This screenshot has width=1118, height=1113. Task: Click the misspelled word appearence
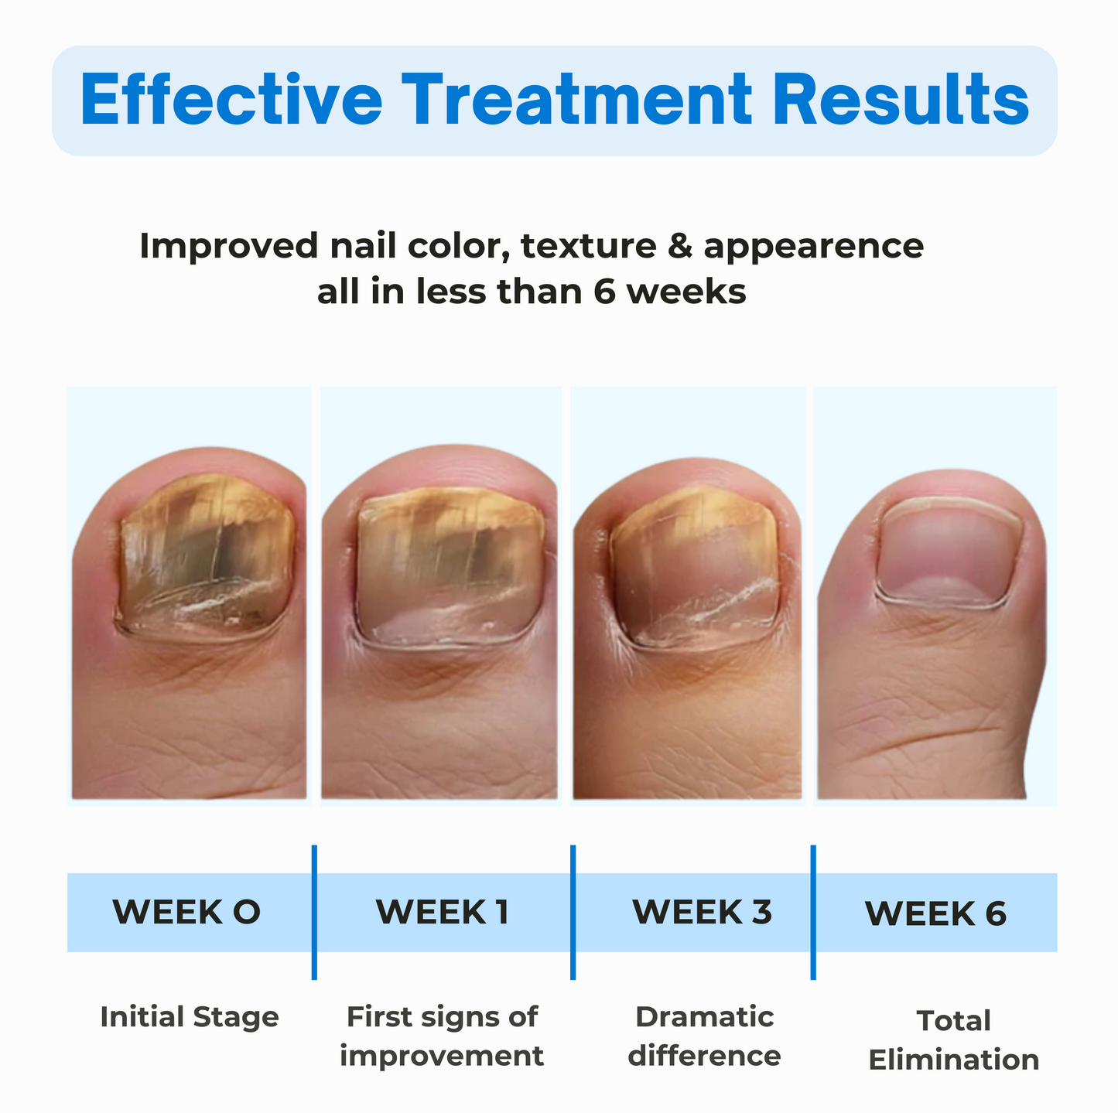(813, 246)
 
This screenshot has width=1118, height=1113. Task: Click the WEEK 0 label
(186, 912)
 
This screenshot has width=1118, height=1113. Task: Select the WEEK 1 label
(443, 912)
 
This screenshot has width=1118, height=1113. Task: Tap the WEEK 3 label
(702, 912)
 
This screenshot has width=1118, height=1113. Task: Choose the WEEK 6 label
(935, 913)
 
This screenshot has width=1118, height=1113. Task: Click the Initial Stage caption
(190, 1016)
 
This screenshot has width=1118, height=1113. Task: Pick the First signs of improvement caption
(442, 1036)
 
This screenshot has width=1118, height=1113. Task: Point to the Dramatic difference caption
(704, 1036)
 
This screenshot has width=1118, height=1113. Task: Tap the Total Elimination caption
(953, 1040)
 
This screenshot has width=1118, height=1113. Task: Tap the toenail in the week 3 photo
(695, 568)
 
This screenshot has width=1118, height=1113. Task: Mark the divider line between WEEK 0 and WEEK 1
(314, 912)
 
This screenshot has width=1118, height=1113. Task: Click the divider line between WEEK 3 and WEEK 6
(813, 912)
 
